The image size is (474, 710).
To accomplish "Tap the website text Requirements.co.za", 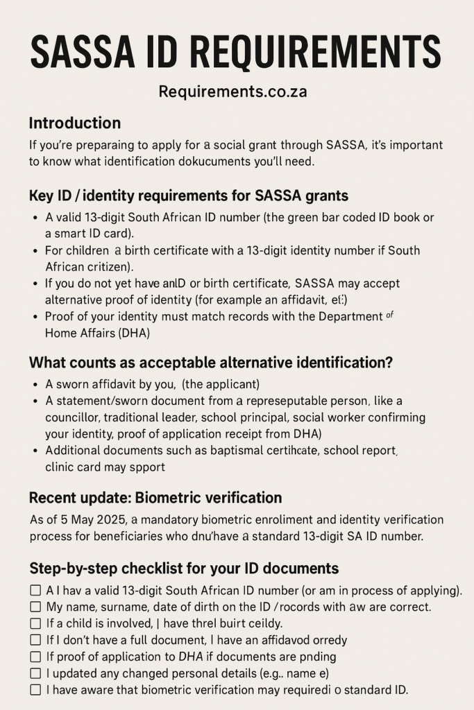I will pyautogui.click(x=232, y=92).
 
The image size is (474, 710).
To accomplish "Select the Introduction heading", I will pyautogui.click(x=74, y=123).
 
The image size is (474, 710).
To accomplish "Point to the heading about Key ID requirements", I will pyautogui.click(x=188, y=196).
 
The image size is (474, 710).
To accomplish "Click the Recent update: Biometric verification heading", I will pyautogui.click(x=155, y=498).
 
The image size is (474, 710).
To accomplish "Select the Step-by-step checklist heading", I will pyautogui.click(x=184, y=569).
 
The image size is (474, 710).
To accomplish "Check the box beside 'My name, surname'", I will pyautogui.click(x=35, y=607).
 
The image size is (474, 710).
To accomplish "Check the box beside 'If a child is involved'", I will pyautogui.click(x=35, y=623).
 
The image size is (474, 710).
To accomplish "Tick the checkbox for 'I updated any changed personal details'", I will pyautogui.click(x=35, y=673).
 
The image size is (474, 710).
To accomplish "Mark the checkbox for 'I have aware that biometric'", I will pyautogui.click(x=35, y=690).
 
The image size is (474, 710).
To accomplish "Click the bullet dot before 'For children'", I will pyautogui.click(x=35, y=250).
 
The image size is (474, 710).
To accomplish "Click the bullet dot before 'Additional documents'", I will pyautogui.click(x=35, y=451).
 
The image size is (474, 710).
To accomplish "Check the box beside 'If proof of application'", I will pyautogui.click(x=35, y=657).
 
